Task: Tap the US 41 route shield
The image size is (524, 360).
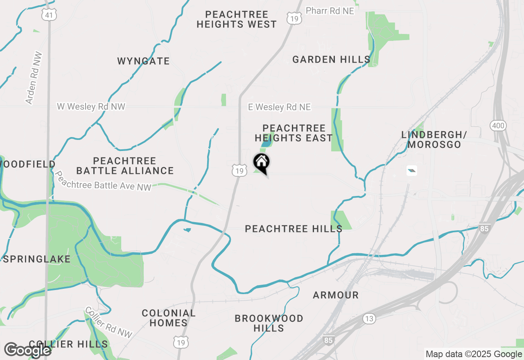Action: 49,15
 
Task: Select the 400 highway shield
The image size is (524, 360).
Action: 498,126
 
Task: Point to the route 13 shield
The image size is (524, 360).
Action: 369,319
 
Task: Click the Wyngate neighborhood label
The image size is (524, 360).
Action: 143,61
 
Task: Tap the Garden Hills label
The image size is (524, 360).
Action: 331,60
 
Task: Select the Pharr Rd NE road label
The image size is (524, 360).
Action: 330,11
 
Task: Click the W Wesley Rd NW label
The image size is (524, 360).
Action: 91,107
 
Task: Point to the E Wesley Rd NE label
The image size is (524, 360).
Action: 280,107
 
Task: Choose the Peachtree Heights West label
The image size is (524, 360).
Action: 237,20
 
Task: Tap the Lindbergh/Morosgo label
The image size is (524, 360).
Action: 434,140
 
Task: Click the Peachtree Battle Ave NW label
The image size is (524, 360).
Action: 103,181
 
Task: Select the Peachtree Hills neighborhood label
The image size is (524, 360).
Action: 294,229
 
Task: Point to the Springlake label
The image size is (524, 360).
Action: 37,259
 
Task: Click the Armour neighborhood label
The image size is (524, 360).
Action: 336,295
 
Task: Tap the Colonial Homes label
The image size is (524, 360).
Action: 169,318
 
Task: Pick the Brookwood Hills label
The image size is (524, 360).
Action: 269,323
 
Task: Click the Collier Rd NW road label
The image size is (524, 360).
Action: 109,323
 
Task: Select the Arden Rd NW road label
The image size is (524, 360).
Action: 34,78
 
